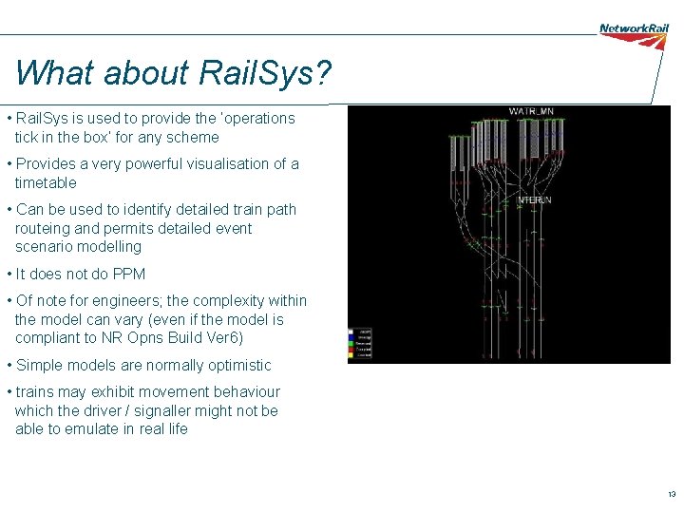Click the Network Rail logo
(x=634, y=28)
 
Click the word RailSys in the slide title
(x=261, y=72)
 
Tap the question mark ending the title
(x=324, y=72)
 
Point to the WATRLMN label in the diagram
(x=531, y=112)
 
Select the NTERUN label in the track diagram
(x=534, y=200)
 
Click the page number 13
(x=671, y=495)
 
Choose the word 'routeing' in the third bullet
(x=44, y=229)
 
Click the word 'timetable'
(x=46, y=182)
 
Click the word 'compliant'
(x=47, y=338)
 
